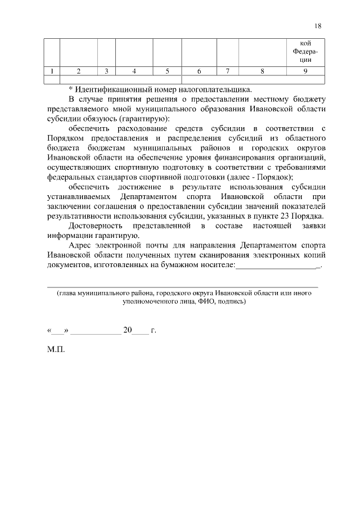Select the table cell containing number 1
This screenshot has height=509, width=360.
(52, 71)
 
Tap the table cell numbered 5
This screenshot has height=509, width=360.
(167, 71)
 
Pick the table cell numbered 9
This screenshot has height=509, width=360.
(305, 71)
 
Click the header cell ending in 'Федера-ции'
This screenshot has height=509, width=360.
(305, 52)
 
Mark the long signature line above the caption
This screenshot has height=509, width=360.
(183, 287)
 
